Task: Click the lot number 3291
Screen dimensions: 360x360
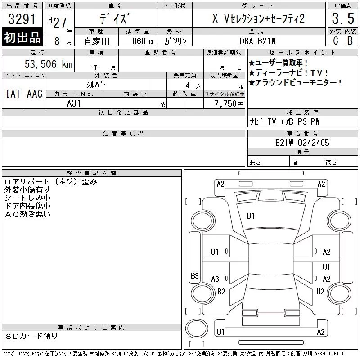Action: (x=22, y=19)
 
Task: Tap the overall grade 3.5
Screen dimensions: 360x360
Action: (x=343, y=18)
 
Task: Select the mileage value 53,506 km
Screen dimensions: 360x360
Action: (x=49, y=64)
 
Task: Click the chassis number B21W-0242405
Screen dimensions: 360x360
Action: (x=302, y=143)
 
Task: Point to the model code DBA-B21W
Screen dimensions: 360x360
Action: (x=257, y=41)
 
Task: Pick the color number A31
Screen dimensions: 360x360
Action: (x=74, y=103)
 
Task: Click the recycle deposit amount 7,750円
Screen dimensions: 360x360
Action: (x=229, y=104)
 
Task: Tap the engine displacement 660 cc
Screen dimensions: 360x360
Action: (x=144, y=41)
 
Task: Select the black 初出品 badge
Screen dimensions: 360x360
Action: (x=22, y=37)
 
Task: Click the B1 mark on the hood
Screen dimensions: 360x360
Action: (x=251, y=216)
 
